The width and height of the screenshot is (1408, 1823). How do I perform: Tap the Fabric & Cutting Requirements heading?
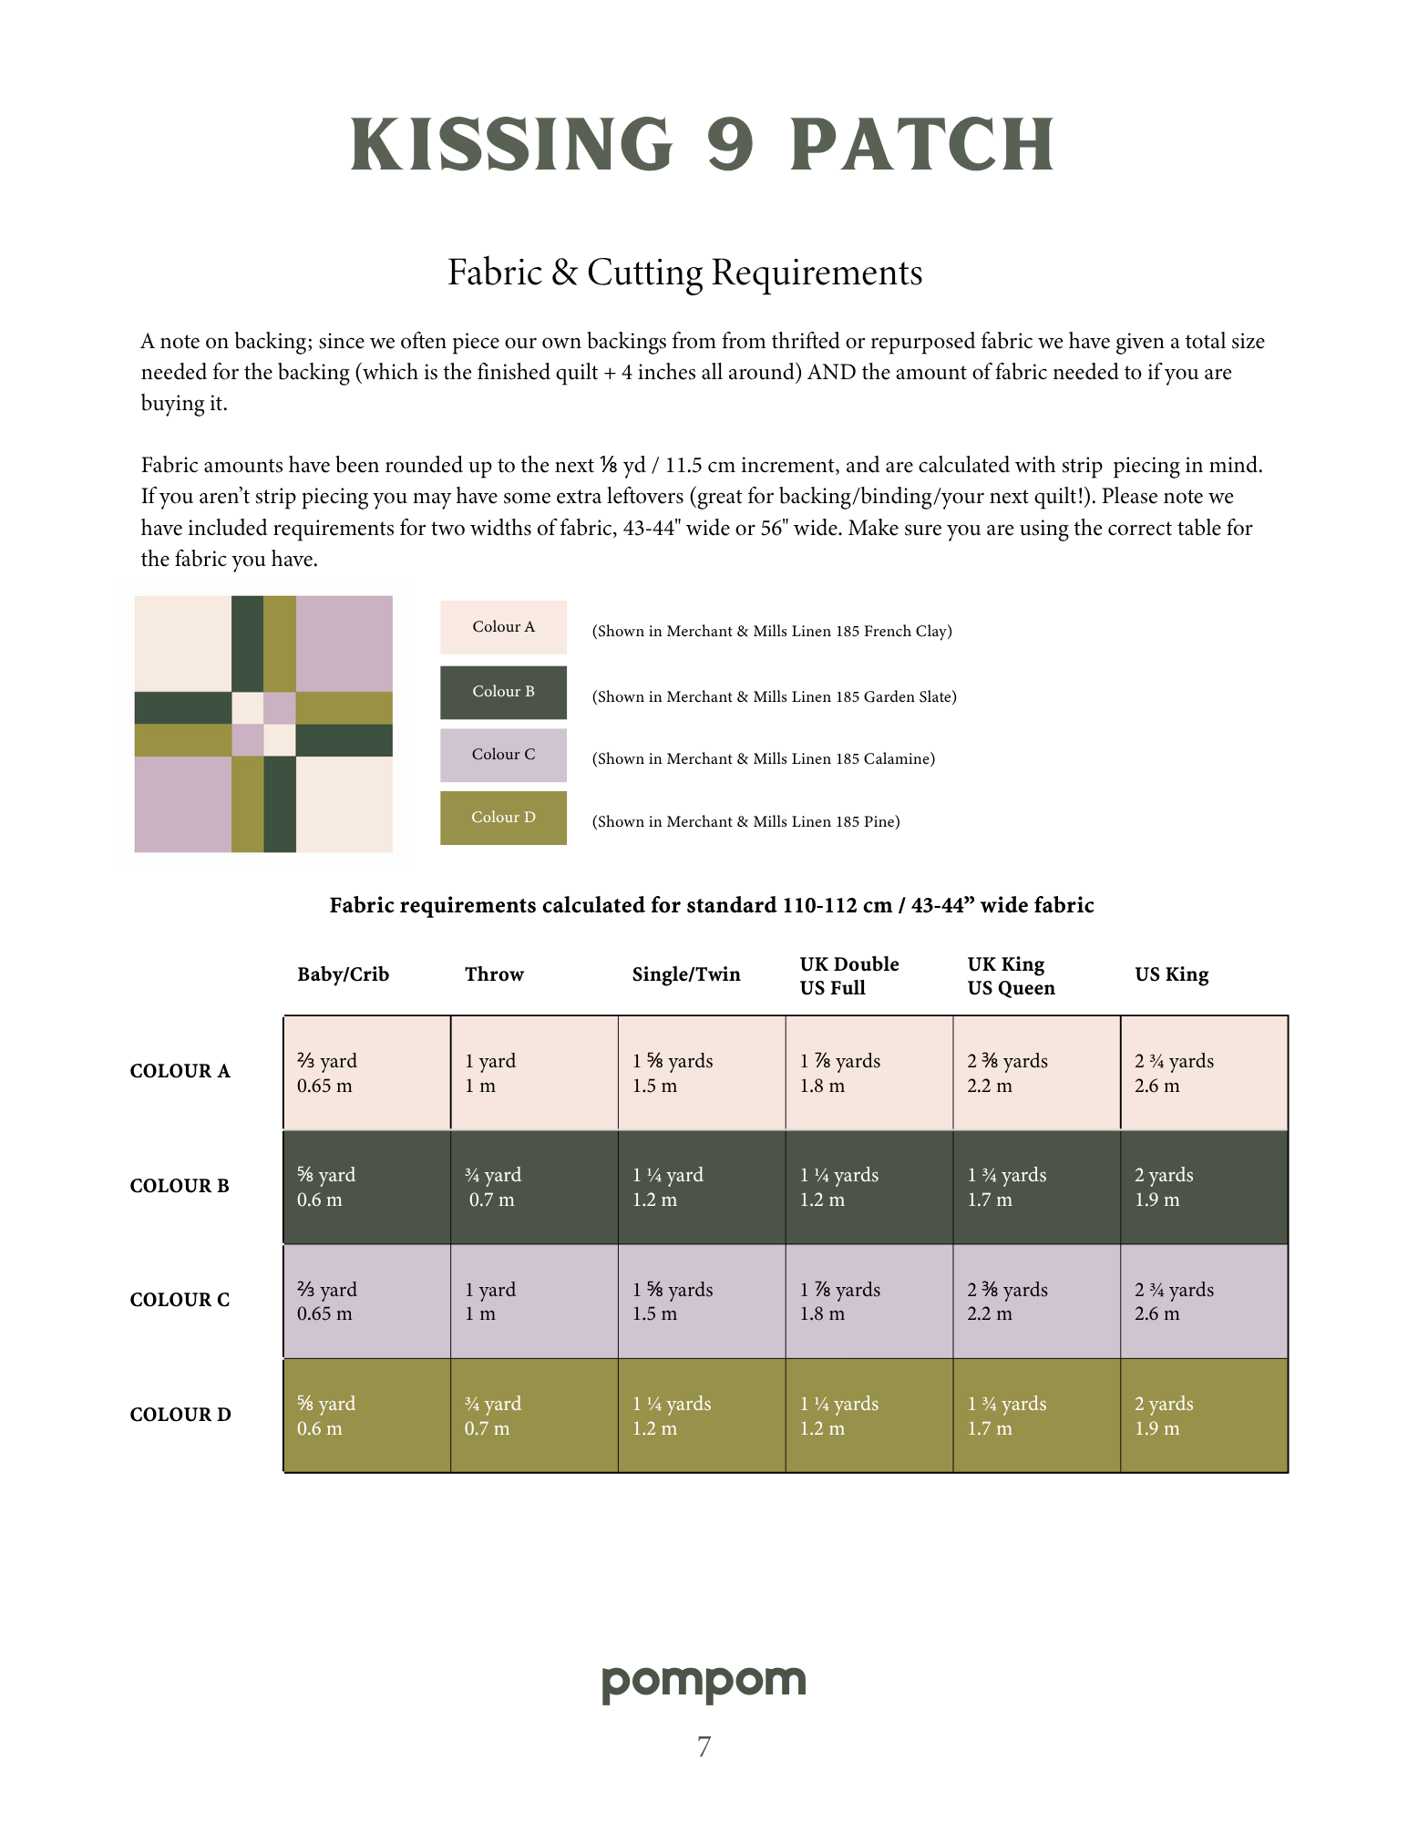coord(684,273)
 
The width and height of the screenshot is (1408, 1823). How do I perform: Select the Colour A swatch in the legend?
coord(503,627)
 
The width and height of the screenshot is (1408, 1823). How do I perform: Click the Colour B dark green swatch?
coord(503,692)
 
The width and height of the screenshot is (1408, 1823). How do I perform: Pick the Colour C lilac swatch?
coord(503,755)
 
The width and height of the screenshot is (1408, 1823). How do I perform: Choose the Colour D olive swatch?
coord(503,818)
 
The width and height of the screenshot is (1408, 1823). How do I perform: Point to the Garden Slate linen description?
coord(774,697)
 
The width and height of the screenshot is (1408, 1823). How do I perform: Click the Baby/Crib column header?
coord(343,974)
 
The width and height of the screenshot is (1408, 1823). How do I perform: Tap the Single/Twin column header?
coord(685,974)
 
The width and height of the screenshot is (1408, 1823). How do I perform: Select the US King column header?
coord(1171,974)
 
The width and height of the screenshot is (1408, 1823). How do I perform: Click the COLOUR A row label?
coord(180,1071)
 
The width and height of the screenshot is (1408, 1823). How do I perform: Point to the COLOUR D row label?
coord(180,1415)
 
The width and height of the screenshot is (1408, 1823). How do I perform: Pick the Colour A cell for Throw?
coord(534,1073)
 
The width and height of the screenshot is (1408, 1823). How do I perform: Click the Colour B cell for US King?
coord(1203,1187)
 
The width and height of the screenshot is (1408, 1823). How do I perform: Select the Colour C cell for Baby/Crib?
coord(366,1302)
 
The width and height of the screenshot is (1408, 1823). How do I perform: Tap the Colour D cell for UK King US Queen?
coord(1036,1416)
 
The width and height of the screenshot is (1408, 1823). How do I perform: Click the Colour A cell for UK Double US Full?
coord(868,1073)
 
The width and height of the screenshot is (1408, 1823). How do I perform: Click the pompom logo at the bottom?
coord(704,1682)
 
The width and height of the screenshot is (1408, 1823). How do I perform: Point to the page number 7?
coord(704,1746)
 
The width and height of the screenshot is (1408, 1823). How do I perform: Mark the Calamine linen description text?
coord(763,759)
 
